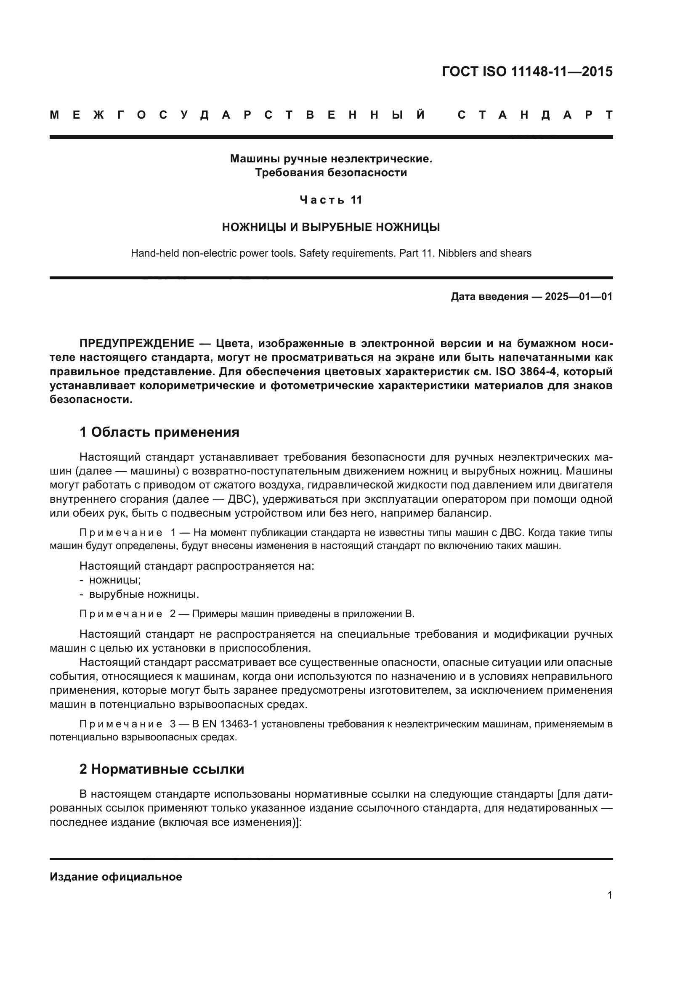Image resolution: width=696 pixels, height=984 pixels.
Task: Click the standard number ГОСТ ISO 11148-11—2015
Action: pos(527,71)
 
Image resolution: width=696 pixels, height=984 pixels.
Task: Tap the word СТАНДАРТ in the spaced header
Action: pos(535,115)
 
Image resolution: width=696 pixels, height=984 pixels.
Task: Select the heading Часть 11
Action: pos(331,200)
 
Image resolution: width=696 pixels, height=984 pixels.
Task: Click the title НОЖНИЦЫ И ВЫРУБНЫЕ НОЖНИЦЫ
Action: pos(331,227)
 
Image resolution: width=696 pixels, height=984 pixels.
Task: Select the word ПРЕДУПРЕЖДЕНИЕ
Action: pos(137,343)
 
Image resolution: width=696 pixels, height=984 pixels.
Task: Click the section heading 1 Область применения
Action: pos(159,432)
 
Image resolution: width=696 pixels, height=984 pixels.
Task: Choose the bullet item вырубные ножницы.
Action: pos(143,594)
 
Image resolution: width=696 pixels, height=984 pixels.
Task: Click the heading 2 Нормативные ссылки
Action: pos(162,769)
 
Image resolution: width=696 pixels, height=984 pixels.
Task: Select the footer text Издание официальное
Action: pos(116,876)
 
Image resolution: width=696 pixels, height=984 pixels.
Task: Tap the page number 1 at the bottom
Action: pos(609,895)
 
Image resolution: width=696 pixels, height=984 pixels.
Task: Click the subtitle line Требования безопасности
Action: pos(331,173)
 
